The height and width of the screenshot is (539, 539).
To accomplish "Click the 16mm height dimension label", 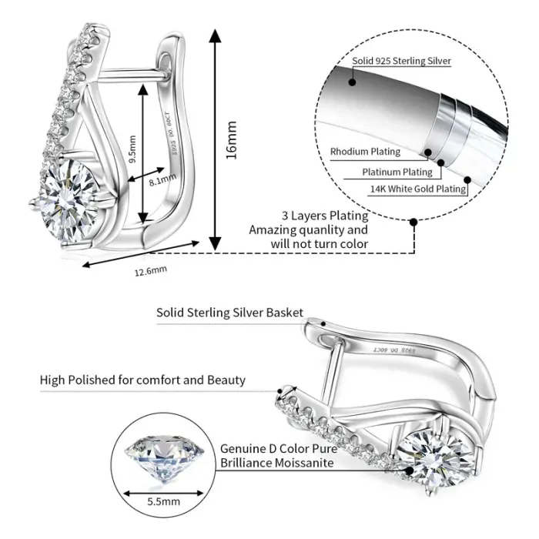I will point(231,139).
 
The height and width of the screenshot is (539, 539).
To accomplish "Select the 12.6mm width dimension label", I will point(150,269).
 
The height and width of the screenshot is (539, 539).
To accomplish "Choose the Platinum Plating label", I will point(397,172).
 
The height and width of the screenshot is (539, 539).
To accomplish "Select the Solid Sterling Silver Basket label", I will point(229,313).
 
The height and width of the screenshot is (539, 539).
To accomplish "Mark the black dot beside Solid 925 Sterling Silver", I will point(352,80).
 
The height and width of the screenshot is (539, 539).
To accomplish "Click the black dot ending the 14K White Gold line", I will point(467,189).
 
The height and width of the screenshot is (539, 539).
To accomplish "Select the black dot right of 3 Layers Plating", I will point(413,222).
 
